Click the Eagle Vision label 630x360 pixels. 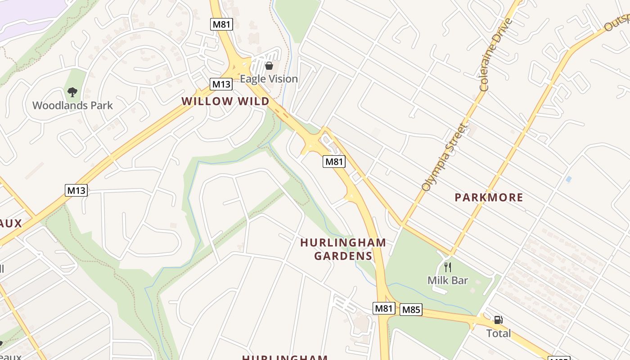point(269,79)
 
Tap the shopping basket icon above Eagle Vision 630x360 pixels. point(269,66)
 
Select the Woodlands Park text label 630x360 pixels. point(72,106)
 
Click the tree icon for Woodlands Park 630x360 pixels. point(72,92)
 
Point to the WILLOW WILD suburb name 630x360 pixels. point(225,101)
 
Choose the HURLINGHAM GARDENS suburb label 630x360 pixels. point(343,249)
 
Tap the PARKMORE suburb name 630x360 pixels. point(489,198)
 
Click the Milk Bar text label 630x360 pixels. point(448,280)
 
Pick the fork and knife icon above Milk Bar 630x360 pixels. point(448,267)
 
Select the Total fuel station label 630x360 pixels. point(499,333)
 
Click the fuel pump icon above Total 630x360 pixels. point(498,320)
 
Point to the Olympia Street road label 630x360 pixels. point(443,157)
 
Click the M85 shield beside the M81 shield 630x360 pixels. point(411,310)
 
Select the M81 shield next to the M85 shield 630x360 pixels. point(384,308)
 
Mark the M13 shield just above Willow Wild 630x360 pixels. point(221,84)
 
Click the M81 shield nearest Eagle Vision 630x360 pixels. point(221,24)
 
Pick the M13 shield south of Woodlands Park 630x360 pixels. point(76,190)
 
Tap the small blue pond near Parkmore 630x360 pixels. point(569,179)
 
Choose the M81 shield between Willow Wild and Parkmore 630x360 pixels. point(334,162)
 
